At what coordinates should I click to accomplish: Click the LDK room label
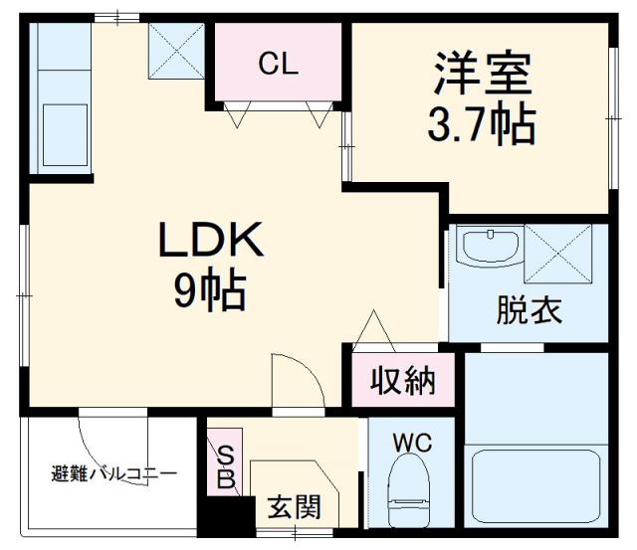pos(209,241)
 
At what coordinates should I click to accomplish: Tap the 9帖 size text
pos(210,290)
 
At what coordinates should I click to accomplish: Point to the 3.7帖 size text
pos(481,123)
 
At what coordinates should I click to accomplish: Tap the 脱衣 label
pos(529,310)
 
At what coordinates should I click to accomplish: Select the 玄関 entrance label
pos(294,507)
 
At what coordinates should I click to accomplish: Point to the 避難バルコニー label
pos(113,473)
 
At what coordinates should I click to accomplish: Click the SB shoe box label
pos(226,467)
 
